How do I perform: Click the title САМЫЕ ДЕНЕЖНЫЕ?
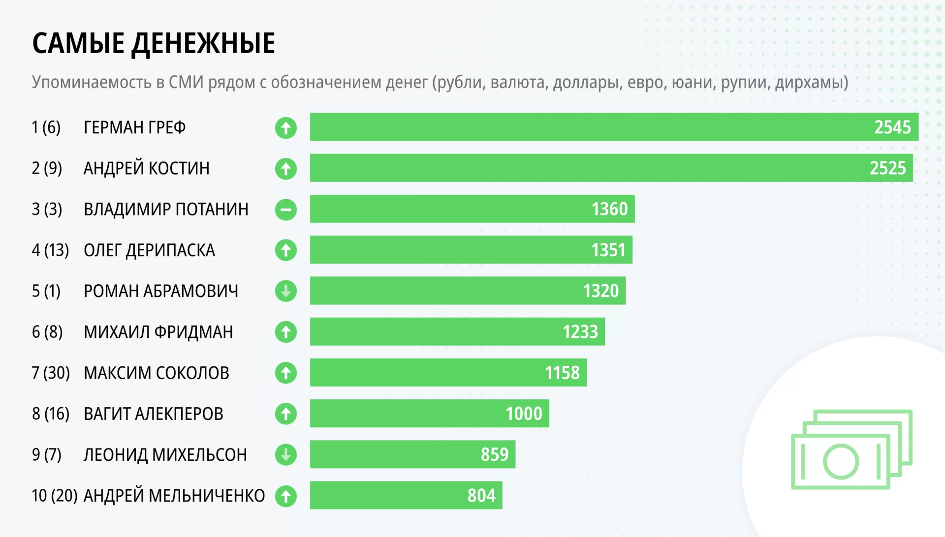point(154,43)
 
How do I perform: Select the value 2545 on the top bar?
point(892,127)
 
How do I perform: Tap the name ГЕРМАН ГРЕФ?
point(135,127)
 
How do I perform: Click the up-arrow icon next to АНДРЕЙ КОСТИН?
point(286,169)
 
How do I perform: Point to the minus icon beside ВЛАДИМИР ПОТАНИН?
point(286,210)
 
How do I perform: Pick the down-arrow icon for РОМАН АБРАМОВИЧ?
point(286,291)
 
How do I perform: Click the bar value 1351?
point(608,250)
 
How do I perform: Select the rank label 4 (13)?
point(50,250)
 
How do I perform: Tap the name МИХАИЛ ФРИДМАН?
point(158,332)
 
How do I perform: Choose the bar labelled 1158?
point(448,373)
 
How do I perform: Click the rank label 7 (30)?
point(51,373)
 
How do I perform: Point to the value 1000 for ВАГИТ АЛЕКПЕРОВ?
point(524,414)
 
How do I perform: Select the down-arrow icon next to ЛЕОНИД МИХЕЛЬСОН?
point(286,455)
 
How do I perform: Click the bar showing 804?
point(406,495)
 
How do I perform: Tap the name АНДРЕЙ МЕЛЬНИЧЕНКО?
point(174,495)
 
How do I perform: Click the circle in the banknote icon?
point(841,461)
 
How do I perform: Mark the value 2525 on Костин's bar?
point(887,168)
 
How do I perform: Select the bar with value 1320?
point(468,291)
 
